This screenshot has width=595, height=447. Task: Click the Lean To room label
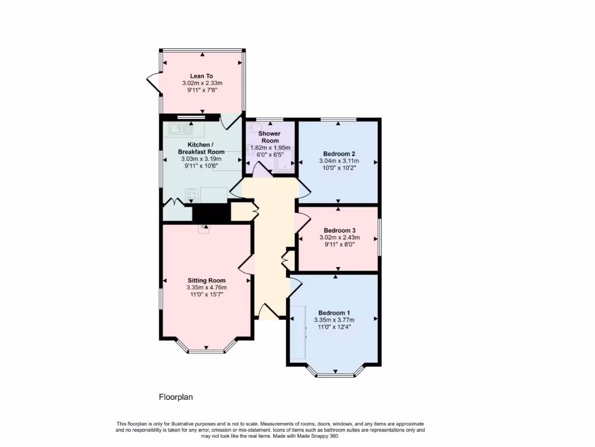(202, 76)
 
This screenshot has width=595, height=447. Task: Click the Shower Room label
(270, 137)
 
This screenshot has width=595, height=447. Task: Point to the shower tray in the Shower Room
(284, 164)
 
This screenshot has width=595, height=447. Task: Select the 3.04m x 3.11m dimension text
(339, 161)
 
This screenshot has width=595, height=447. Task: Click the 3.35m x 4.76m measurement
(206, 288)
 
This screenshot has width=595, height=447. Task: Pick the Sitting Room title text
(206, 280)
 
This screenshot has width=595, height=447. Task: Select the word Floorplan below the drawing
(175, 398)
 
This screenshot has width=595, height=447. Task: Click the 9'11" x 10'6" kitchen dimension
(202, 165)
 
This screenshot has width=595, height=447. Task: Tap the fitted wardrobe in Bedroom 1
(299, 329)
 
